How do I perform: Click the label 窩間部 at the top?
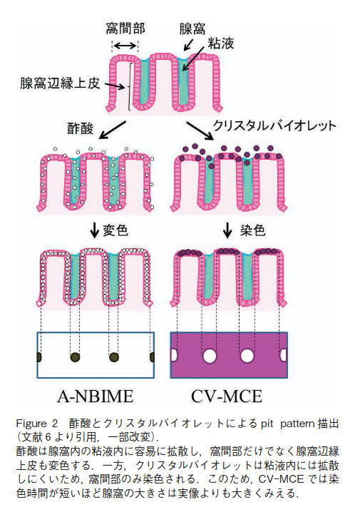pos(125,29)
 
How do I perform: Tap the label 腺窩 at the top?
pos(192,29)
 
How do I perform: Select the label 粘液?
pos(221,43)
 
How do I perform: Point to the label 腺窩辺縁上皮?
pos(60,83)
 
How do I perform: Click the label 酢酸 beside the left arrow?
pos(81,128)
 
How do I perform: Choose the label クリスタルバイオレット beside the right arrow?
pos(274,126)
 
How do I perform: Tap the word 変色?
pos(115,230)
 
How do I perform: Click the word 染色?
pos(252,230)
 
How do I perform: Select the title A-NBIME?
pos(96,396)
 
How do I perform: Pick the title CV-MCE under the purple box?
pos(227,396)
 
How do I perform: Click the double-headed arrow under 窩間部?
pos(125,45)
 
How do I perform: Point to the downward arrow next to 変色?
pos(95,230)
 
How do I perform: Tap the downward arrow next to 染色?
pos(227,230)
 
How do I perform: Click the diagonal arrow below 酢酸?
pos(113,130)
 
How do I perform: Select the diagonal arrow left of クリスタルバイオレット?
pos(200,130)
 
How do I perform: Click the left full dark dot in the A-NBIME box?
pos(76,357)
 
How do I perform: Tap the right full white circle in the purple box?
pos(247,356)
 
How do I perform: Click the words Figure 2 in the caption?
pos(37,423)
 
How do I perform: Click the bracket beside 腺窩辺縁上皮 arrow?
pos(128,86)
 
